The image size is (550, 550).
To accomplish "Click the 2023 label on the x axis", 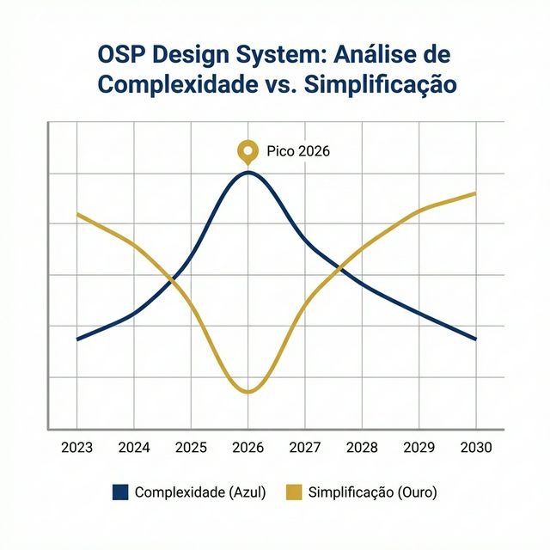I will pyautogui.click(x=76, y=447).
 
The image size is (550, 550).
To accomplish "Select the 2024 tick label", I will pyautogui.click(x=134, y=447).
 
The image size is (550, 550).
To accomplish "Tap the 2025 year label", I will pyautogui.click(x=191, y=447).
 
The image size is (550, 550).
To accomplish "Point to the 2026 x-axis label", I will pyautogui.click(x=247, y=447).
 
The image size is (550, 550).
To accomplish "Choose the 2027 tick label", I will pyautogui.click(x=305, y=447).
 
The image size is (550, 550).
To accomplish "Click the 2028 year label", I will pyautogui.click(x=362, y=447).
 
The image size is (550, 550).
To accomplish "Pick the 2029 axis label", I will pyautogui.click(x=419, y=447).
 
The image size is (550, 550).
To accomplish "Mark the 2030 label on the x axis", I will pyautogui.click(x=476, y=447).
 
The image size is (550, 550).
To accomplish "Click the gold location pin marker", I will pyautogui.click(x=247, y=152).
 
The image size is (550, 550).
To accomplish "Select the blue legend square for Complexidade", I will pyautogui.click(x=120, y=492).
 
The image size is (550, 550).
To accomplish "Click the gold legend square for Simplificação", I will pyautogui.click(x=294, y=492).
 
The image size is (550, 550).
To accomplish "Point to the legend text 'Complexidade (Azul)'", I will pyautogui.click(x=200, y=492).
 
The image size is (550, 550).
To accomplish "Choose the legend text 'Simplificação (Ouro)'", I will pyautogui.click(x=372, y=492).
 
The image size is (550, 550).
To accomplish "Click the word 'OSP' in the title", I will pyautogui.click(x=125, y=54).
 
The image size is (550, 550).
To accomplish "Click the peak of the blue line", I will pyautogui.click(x=248, y=172).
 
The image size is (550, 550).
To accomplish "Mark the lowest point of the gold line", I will pyautogui.click(x=248, y=393).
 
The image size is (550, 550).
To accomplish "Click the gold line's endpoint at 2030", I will pyautogui.click(x=475, y=193).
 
